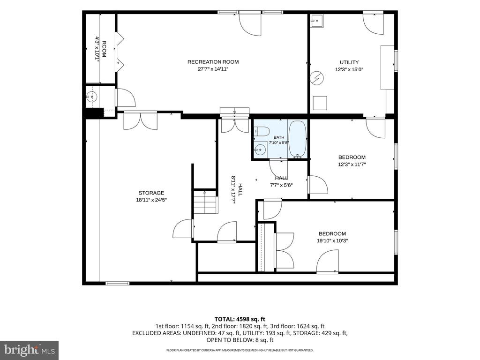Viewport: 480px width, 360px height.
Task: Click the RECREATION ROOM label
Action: pos(213,62)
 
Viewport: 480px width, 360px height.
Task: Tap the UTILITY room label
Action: pos(349,62)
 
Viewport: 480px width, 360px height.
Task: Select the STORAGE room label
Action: pos(151,193)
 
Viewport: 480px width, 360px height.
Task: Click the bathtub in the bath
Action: pos(298,139)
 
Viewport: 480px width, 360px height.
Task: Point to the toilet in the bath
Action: pos(261,131)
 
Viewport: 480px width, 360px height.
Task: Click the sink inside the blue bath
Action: pos(260,150)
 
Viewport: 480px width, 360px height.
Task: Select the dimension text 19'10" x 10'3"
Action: pos(332,240)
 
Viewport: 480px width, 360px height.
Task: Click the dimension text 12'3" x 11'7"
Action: pos(352,165)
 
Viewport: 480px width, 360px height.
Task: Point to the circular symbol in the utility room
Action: pos(316,78)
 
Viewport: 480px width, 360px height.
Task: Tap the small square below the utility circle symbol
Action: pos(320,103)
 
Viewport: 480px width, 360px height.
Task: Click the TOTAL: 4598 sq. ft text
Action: pos(240,320)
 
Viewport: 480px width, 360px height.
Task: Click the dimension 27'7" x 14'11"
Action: pos(213,69)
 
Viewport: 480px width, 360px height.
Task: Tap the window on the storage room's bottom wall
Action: pos(117,283)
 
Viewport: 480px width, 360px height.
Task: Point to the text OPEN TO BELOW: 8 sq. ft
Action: pos(240,340)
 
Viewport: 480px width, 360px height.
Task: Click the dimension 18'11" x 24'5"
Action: pos(151,200)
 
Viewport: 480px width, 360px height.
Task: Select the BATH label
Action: pos(279,137)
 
